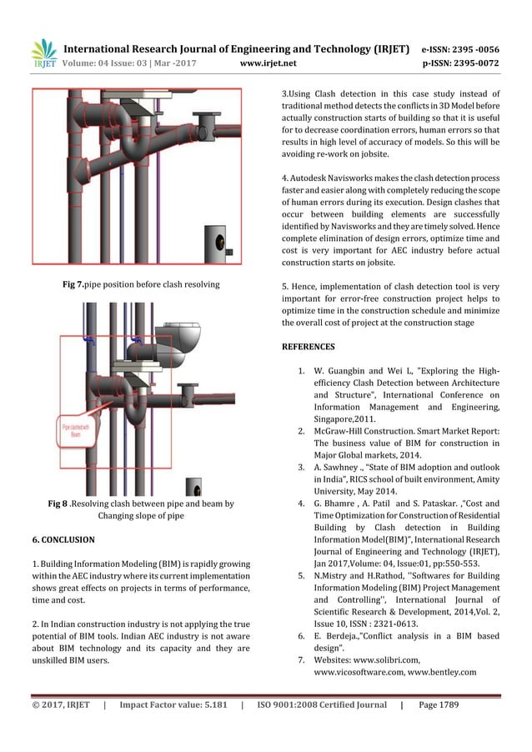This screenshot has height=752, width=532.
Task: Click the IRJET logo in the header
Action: pos(43,53)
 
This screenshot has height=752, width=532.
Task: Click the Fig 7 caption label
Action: pos(78,284)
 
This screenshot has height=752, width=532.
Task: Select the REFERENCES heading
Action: pos(309,346)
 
